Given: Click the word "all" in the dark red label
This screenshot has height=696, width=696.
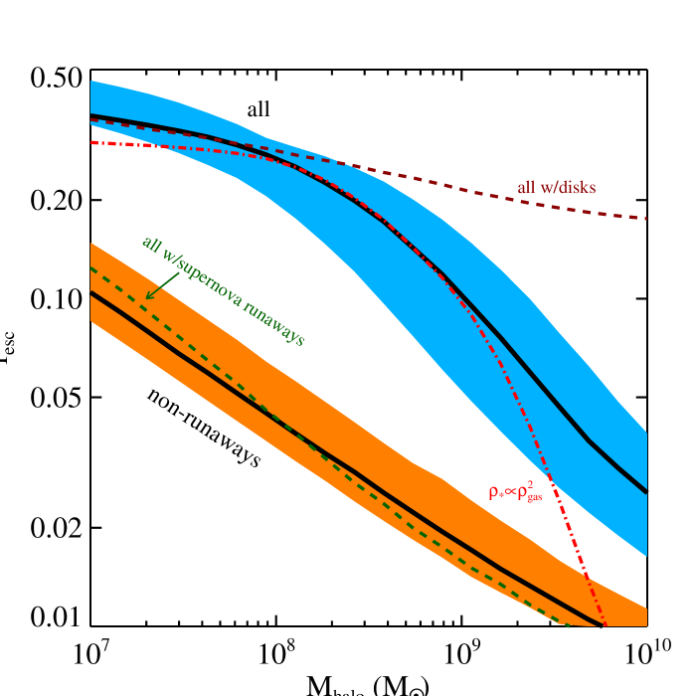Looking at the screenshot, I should (x=526, y=187).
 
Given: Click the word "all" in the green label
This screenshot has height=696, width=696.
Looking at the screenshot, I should (x=150, y=244).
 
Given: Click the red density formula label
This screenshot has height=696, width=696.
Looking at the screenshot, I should (x=515, y=491).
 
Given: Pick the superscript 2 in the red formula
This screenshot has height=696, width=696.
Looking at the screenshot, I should (x=531, y=484).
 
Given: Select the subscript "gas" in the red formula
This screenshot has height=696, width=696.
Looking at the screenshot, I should (x=534, y=497).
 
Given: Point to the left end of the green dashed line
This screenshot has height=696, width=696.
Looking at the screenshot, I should (x=91, y=268).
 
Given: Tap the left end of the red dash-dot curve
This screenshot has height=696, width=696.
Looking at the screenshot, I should (x=91, y=142).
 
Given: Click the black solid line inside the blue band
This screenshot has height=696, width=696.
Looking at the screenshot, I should (x=537, y=383).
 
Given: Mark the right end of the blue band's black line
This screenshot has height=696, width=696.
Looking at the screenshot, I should (x=646, y=491).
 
